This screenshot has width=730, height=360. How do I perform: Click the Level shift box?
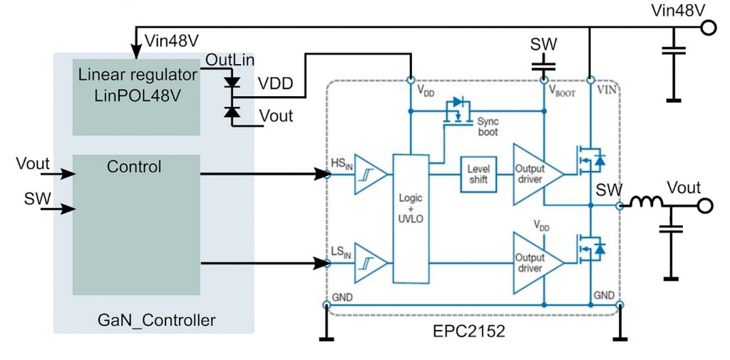pos(478,175)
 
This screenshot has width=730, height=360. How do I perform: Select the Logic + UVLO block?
pos(411,218)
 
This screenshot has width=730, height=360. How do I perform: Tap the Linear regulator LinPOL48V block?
pos(136,97)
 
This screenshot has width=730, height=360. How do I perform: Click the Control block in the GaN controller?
pos(136,225)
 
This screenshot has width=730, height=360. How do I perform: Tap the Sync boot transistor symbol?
pos(458,111)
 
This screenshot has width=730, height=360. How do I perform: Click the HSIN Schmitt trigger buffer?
pos(371,175)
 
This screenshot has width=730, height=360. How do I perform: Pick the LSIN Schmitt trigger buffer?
pos(371,263)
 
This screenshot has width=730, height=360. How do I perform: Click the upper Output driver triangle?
pos(538,175)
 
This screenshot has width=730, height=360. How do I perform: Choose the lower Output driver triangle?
pos(538,263)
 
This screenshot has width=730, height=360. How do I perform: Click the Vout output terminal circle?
pos(705,205)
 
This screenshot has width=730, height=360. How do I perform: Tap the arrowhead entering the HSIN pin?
pos(322,175)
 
